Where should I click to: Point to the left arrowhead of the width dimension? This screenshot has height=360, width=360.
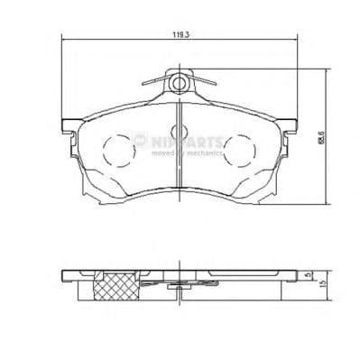[63, 39]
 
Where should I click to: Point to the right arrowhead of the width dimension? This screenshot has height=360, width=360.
[296, 39]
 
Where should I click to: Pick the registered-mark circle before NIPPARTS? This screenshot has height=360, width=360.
[140, 140]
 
